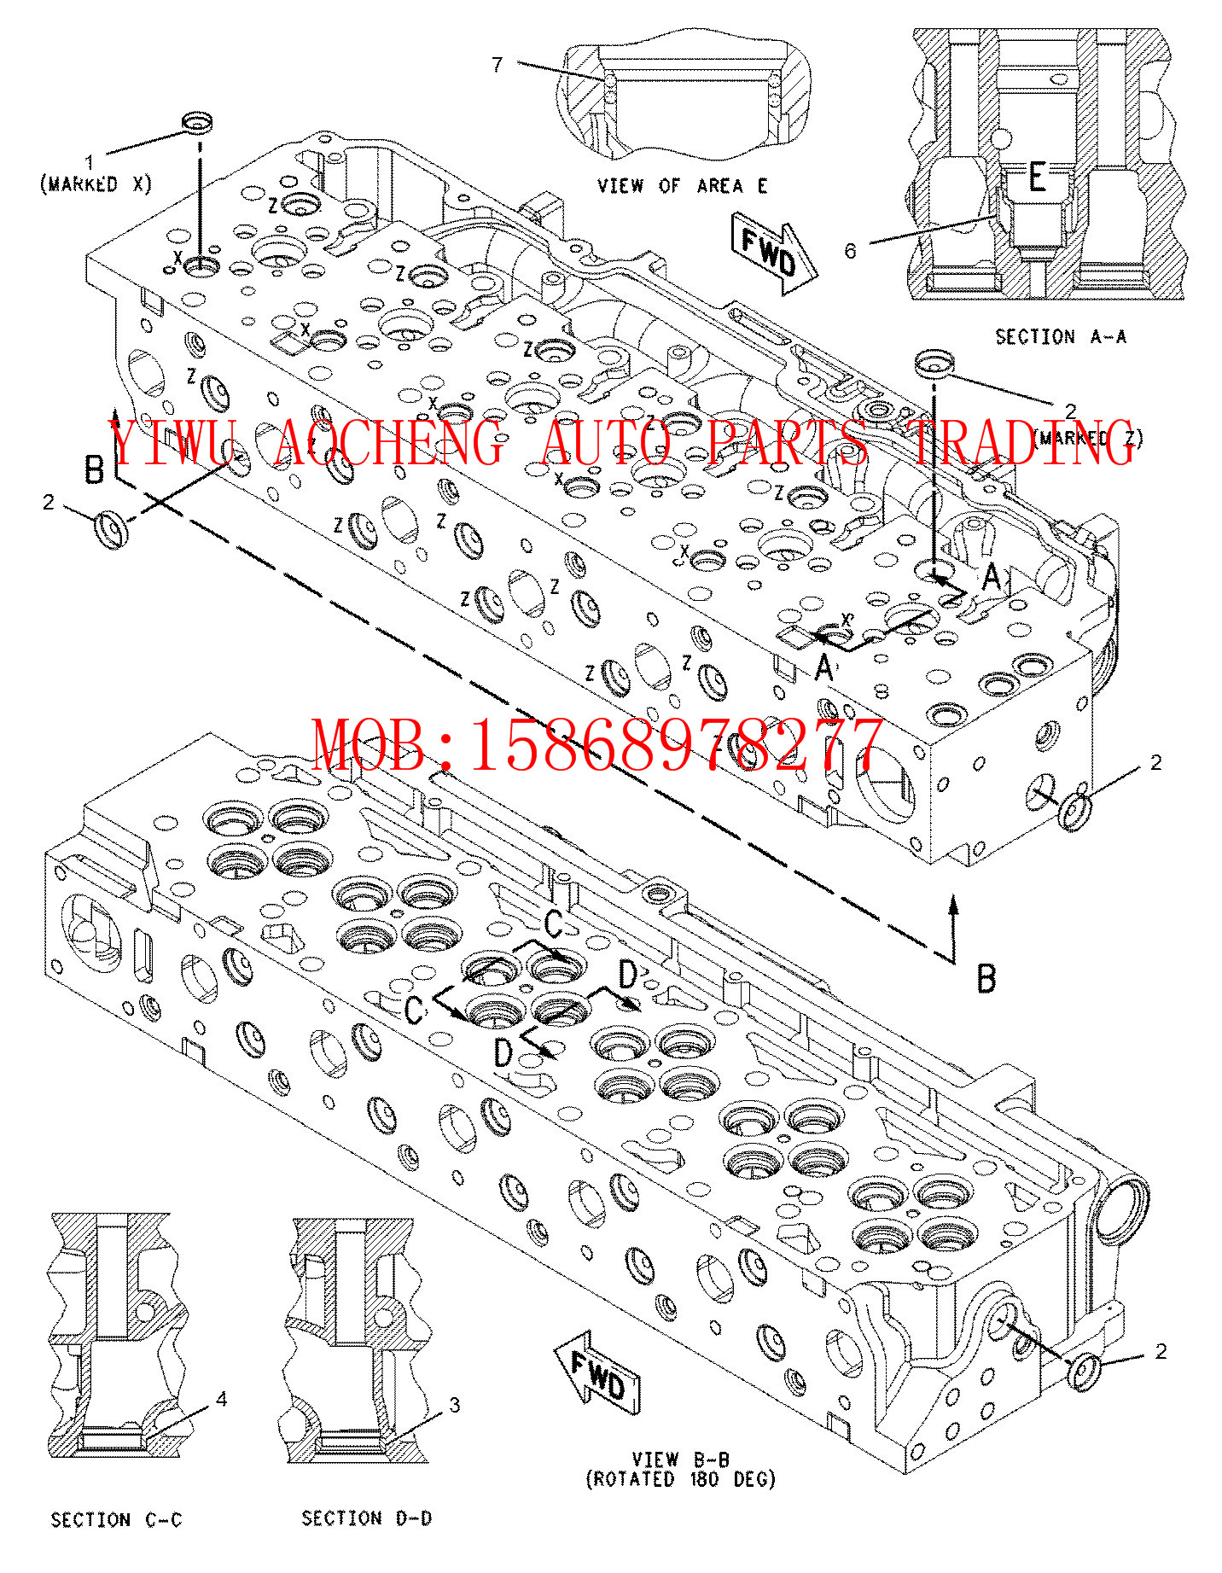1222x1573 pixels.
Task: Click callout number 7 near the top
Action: click(x=498, y=65)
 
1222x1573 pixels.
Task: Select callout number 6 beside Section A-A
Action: click(x=850, y=250)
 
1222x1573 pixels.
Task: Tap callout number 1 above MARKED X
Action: click(x=89, y=162)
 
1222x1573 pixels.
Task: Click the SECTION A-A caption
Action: click(x=1061, y=337)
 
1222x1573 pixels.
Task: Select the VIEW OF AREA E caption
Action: click(x=682, y=185)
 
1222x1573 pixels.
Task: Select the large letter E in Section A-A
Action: click(x=1036, y=178)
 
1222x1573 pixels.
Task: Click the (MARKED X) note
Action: click(x=96, y=184)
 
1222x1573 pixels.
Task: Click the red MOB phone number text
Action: click(x=596, y=745)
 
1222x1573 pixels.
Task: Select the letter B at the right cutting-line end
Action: click(x=986, y=978)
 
